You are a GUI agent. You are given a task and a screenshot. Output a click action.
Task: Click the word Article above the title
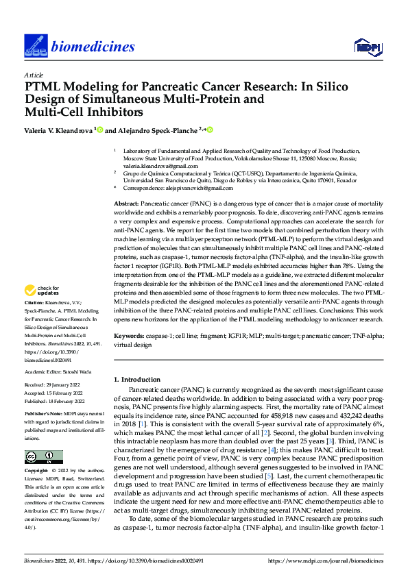click(x=33, y=75)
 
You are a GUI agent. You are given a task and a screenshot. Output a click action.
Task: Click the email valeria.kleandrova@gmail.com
click(x=154, y=165)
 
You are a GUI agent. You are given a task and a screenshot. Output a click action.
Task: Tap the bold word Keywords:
click(x=128, y=336)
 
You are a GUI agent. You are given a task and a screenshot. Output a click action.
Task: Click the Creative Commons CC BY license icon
click(x=44, y=457)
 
